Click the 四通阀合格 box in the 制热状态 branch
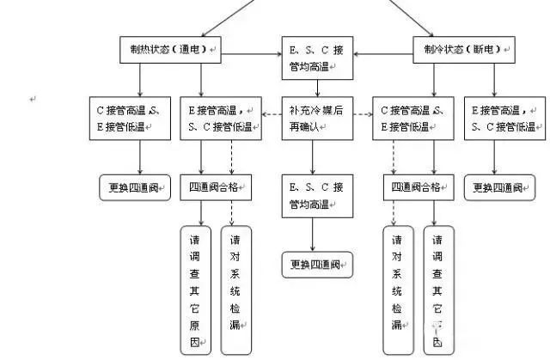tap(216, 187)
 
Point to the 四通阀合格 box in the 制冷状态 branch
tap(418, 187)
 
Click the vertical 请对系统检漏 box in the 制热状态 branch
tap(236, 290)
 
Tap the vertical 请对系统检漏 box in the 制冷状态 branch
tap(398, 290)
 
